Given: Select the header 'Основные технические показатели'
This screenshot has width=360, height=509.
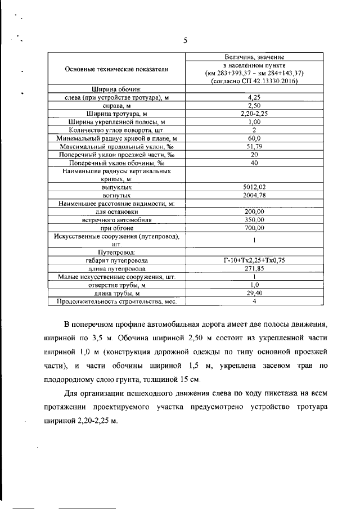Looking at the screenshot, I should [116, 69].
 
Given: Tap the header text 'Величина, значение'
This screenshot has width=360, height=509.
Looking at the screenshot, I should [254, 57].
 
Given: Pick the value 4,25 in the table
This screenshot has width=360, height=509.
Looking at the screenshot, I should [255, 97].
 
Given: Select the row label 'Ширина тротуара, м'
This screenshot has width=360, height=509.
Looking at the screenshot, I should [116, 114].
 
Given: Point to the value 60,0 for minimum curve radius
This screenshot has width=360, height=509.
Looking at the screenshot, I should [255, 138].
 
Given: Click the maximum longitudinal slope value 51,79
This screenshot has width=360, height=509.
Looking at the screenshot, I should [255, 146].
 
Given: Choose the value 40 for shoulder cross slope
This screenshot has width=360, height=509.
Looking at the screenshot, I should [255, 163].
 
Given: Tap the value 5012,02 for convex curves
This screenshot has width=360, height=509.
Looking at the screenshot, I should [255, 187].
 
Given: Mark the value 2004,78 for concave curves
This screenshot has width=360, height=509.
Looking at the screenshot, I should [255, 195].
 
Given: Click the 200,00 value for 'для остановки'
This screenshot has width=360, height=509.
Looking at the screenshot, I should [255, 211].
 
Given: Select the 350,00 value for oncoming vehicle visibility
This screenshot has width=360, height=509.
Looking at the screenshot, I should [255, 220].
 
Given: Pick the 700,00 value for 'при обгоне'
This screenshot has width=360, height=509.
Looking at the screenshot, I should [255, 228].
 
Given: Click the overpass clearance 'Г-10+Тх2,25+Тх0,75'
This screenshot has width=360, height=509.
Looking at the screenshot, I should [255, 260].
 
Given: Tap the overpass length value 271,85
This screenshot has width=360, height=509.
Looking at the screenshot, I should [255, 269].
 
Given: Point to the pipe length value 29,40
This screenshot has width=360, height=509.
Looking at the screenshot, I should [255, 293].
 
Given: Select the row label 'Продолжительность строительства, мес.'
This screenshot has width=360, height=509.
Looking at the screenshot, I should [116, 301].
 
